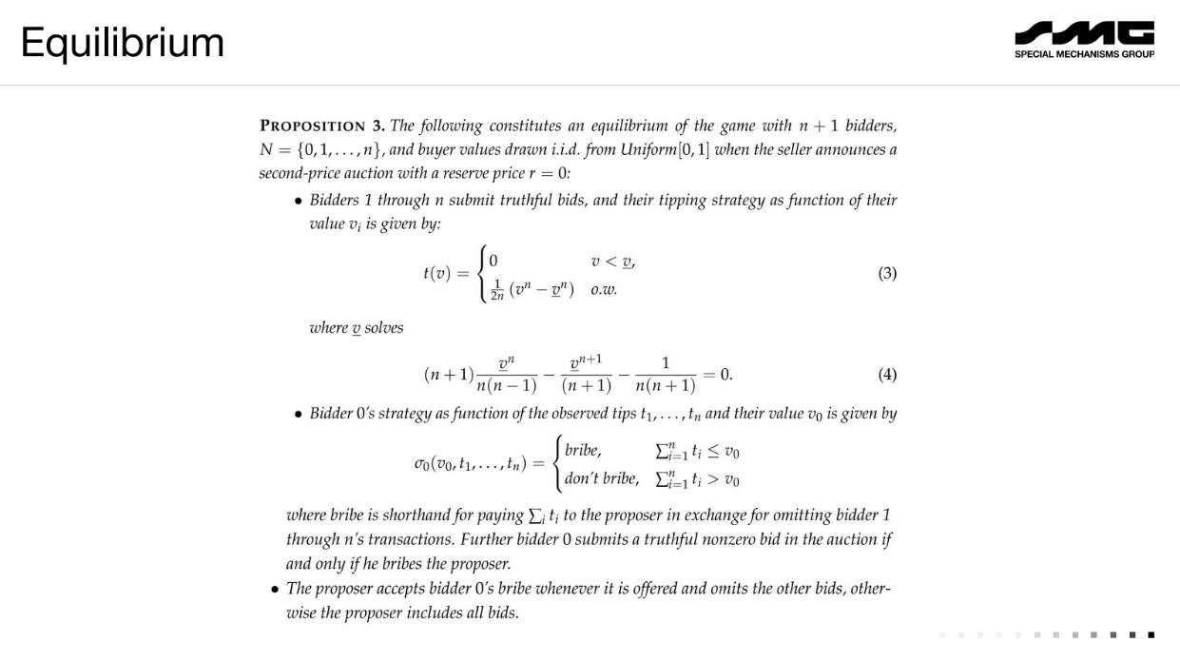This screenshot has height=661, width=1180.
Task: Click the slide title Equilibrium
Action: pyautogui.click(x=123, y=42)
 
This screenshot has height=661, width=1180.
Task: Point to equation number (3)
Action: pyautogui.click(x=886, y=274)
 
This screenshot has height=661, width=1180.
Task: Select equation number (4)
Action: pyautogui.click(x=886, y=375)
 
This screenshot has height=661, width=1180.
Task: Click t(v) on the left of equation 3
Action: pyautogui.click(x=438, y=274)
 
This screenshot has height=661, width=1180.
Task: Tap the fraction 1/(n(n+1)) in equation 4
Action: pyautogui.click(x=666, y=375)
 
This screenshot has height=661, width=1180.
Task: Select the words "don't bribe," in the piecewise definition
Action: pyautogui.click(x=601, y=478)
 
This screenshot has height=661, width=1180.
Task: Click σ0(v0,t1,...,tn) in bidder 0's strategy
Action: pyautogui.click(x=467, y=464)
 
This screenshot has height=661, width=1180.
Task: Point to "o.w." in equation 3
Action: pyautogui.click(x=604, y=290)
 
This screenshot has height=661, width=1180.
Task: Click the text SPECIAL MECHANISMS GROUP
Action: pyautogui.click(x=1085, y=54)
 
